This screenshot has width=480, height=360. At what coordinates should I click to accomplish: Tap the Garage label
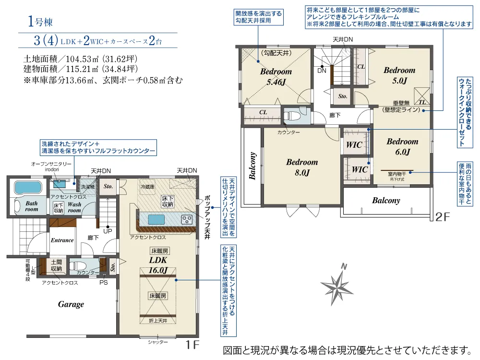point(71,304)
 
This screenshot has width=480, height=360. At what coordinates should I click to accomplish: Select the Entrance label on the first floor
point(62,240)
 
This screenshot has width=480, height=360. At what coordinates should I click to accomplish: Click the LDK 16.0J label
point(158,265)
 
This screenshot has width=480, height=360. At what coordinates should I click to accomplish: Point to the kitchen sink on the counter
point(156,219)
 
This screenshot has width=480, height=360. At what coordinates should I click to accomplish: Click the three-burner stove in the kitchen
point(187,219)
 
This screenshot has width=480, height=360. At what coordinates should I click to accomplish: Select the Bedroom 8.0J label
point(302,167)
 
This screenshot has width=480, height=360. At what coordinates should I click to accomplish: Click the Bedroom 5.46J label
point(276,76)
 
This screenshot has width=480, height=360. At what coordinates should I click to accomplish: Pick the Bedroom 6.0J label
point(402,146)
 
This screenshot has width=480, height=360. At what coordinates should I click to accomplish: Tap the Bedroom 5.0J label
point(399,75)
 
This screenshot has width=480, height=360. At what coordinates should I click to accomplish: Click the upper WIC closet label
point(354,145)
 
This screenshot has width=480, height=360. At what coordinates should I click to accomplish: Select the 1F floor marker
point(192,345)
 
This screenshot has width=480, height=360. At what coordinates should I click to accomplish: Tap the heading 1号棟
point(40,22)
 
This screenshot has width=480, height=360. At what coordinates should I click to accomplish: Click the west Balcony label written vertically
point(252,166)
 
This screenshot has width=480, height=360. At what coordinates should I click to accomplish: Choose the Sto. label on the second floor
point(343,96)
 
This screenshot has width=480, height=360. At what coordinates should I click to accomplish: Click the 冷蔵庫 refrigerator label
point(147,187)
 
